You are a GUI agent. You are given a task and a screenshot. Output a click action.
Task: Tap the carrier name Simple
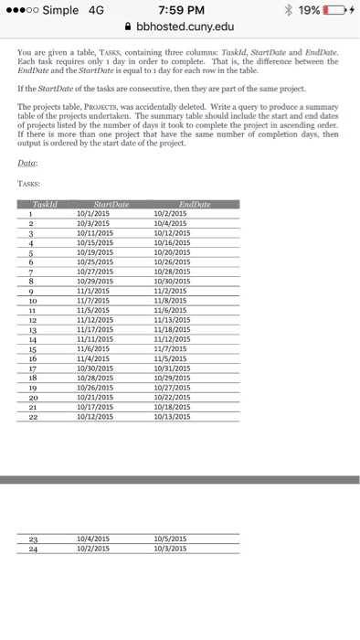[x=60, y=10]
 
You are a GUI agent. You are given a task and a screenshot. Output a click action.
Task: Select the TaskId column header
[x=43, y=205]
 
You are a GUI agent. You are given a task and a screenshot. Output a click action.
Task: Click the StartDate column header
[x=109, y=205]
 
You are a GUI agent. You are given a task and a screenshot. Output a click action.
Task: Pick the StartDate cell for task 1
[x=95, y=212]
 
